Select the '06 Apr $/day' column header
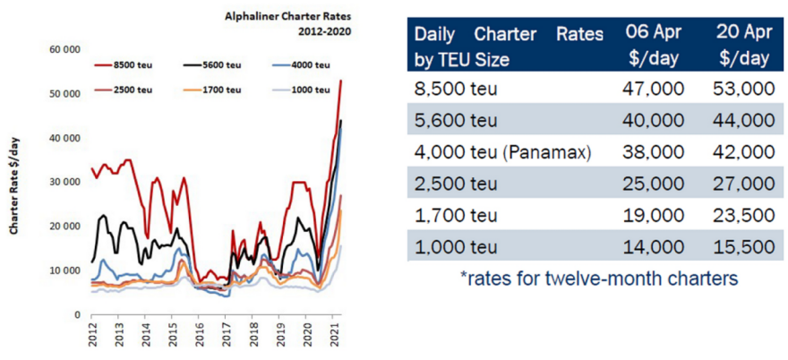tap(654, 46)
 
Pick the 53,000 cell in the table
tap(742, 89)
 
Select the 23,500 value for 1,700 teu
tap(742, 216)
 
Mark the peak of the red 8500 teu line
tap(340, 81)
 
